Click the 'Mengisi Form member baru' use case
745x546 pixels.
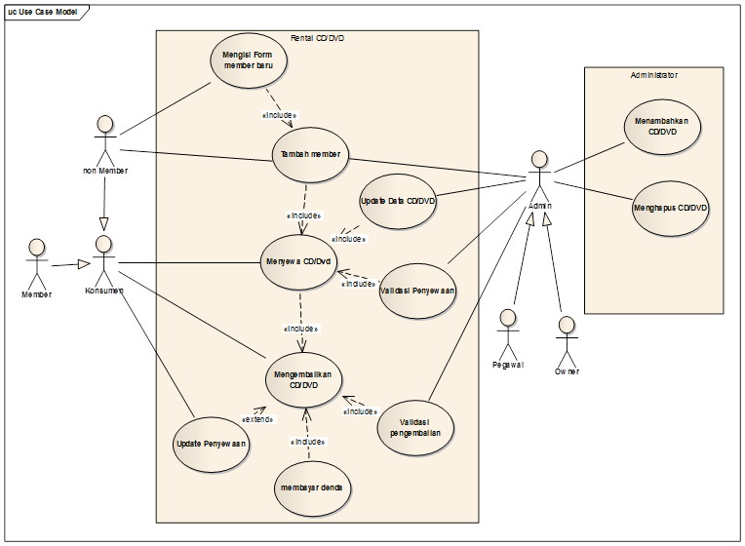click(x=248, y=60)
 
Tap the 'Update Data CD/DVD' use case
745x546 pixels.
click(x=398, y=201)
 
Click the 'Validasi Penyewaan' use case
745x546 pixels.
click(x=417, y=290)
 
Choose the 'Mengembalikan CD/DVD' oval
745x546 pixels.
click(x=303, y=378)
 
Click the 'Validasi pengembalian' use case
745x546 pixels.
click(x=415, y=427)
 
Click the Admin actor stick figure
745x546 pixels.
click(x=539, y=174)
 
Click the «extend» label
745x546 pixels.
click(x=256, y=419)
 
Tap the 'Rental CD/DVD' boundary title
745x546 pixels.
click(x=318, y=38)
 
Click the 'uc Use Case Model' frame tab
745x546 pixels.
click(x=44, y=11)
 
